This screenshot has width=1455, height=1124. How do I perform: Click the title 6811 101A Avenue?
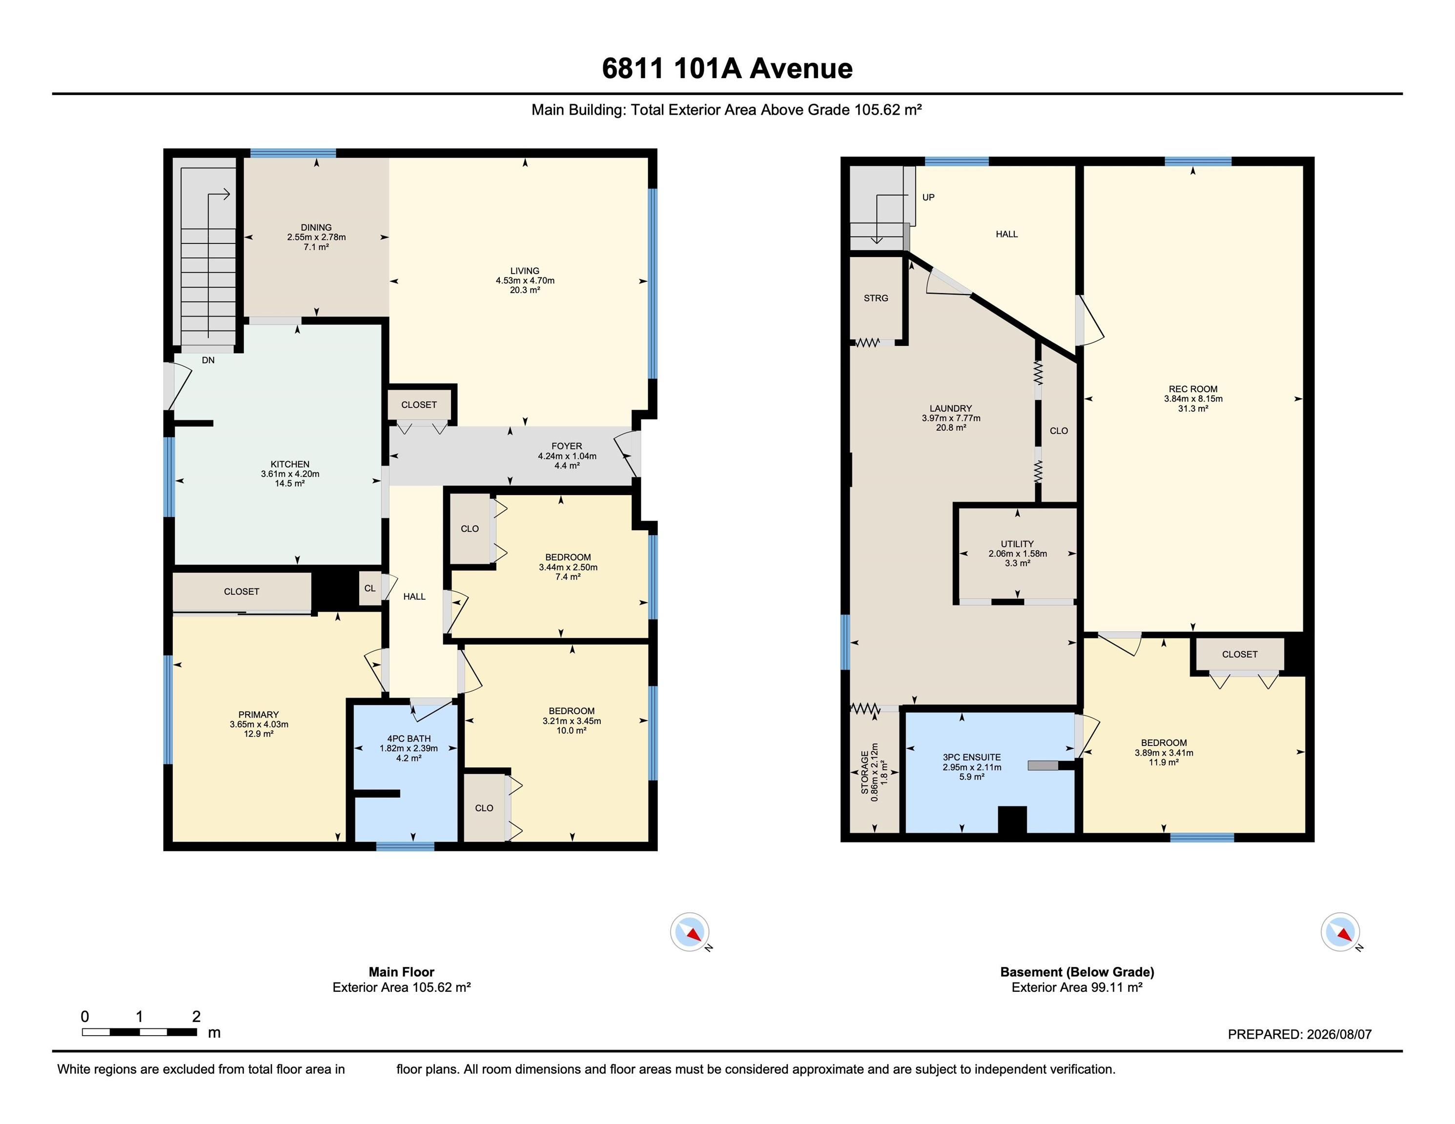[x=727, y=69]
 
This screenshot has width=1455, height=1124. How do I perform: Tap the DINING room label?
[x=316, y=227]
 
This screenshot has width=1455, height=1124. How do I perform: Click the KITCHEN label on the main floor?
[x=290, y=464]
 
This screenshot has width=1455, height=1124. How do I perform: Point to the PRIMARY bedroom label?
[x=259, y=715]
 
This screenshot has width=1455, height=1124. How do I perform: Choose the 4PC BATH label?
[x=409, y=739]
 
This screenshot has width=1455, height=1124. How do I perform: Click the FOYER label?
[x=567, y=446]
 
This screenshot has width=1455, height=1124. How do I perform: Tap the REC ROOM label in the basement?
[x=1192, y=389]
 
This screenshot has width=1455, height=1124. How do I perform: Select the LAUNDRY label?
[x=951, y=408]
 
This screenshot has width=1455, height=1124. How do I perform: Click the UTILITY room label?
[x=1017, y=544]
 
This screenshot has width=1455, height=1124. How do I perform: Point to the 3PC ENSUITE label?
[x=971, y=757]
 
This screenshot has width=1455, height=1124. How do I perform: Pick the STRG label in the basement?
[x=876, y=298]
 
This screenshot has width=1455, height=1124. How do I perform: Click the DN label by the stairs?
[x=208, y=360]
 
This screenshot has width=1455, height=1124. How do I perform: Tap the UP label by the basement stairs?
[x=928, y=197]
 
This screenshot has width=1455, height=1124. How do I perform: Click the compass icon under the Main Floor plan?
[x=690, y=932]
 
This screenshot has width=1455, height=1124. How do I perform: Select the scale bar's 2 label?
[x=196, y=1016]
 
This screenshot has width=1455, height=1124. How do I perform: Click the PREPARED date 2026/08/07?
[x=1339, y=1034]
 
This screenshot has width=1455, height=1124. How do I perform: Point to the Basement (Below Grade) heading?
[x=1077, y=971]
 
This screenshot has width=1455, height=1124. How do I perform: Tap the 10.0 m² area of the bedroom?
[x=572, y=730]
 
